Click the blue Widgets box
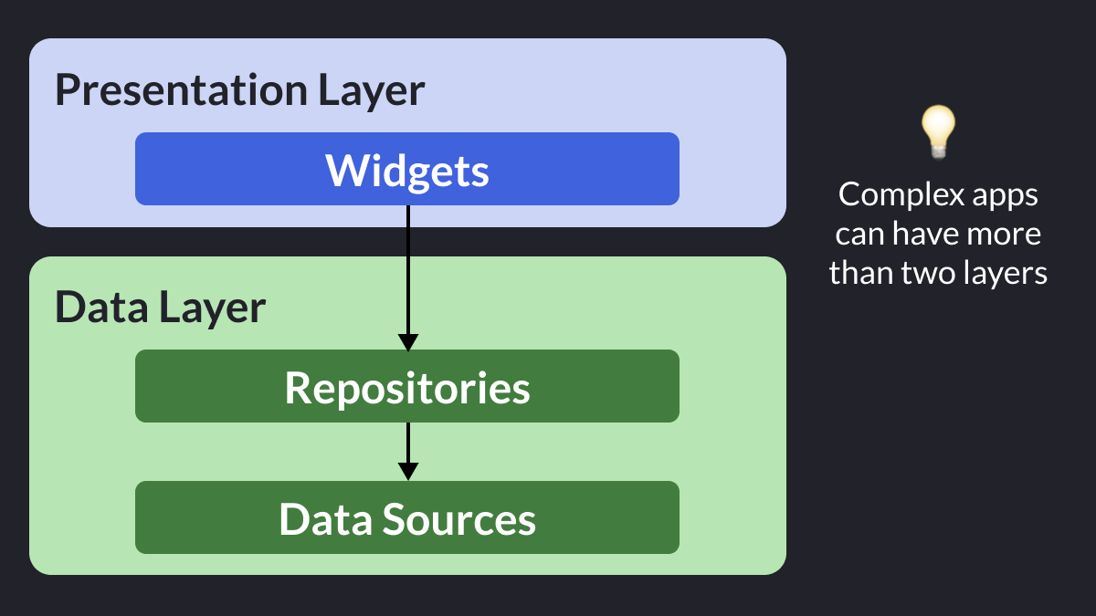[407, 169]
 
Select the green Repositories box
[407, 386]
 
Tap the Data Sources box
[407, 517]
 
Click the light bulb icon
[938, 132]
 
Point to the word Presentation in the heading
[182, 90]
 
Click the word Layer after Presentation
[372, 91]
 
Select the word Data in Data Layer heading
[101, 307]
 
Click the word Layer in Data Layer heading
[212, 308]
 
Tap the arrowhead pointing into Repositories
[408, 342]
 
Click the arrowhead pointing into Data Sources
[408, 471]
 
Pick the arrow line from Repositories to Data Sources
[408, 451]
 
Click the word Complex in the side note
[901, 195]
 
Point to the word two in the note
[928, 273]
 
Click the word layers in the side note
[1006, 274]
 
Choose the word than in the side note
[860, 272]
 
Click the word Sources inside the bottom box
[458, 519]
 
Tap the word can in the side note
[859, 235]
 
